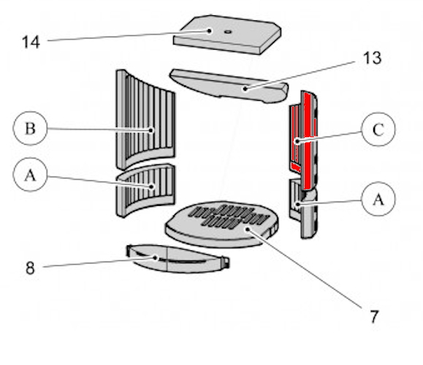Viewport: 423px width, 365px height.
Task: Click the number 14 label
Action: (31, 42)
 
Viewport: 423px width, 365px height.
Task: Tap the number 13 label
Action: (373, 58)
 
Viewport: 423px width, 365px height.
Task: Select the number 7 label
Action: (374, 317)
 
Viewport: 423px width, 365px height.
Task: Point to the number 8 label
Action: (30, 268)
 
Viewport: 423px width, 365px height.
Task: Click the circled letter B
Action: (30, 128)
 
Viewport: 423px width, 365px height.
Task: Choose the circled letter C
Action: (378, 129)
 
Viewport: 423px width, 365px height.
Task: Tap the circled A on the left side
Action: (30, 174)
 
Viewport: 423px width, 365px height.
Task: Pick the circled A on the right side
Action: (378, 199)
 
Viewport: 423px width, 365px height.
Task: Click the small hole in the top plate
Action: (228, 32)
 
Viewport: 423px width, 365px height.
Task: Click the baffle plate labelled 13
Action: (229, 86)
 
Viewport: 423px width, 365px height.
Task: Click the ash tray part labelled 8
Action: (178, 259)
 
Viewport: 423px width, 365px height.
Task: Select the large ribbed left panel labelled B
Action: (145, 118)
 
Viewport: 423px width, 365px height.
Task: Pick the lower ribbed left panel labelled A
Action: (145, 190)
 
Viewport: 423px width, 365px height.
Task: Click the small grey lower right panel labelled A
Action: (296, 199)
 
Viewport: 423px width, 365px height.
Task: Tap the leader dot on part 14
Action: (210, 31)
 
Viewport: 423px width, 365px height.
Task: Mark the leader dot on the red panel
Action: (297, 141)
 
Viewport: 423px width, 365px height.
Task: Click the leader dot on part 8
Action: (155, 258)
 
